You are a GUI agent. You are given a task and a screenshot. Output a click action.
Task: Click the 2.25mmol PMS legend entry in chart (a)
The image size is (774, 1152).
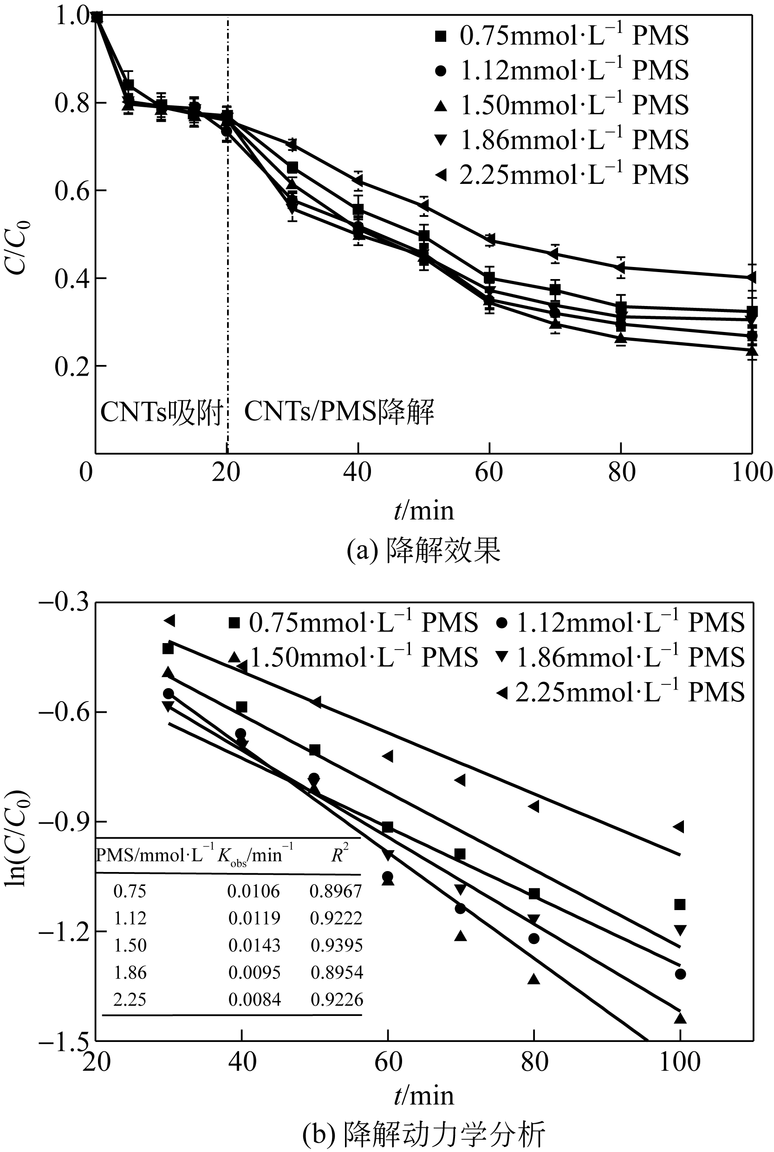coord(562,175)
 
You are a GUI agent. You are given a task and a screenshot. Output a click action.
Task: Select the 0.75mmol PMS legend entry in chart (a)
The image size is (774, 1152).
coord(562,36)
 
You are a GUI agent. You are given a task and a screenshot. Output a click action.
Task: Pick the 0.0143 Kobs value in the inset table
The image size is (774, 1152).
coord(254,945)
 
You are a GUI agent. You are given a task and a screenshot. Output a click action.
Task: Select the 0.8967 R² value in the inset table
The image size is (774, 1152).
coord(336,891)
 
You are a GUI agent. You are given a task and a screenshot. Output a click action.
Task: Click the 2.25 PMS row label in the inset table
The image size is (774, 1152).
coord(130,1000)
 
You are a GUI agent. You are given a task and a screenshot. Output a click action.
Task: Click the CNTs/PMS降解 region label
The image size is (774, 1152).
coord(339,411)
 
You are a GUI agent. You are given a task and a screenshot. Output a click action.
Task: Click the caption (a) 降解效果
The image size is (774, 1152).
coord(423,550)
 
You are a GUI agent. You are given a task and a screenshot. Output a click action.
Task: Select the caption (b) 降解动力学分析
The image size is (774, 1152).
coord(423,1133)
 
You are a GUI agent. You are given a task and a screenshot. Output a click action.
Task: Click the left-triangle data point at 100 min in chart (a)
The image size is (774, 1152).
coord(751,277)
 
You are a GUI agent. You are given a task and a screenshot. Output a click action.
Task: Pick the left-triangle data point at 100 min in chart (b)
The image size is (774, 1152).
coord(679,827)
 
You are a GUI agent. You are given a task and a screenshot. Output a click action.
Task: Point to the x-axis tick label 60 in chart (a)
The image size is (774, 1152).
coord(489,472)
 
